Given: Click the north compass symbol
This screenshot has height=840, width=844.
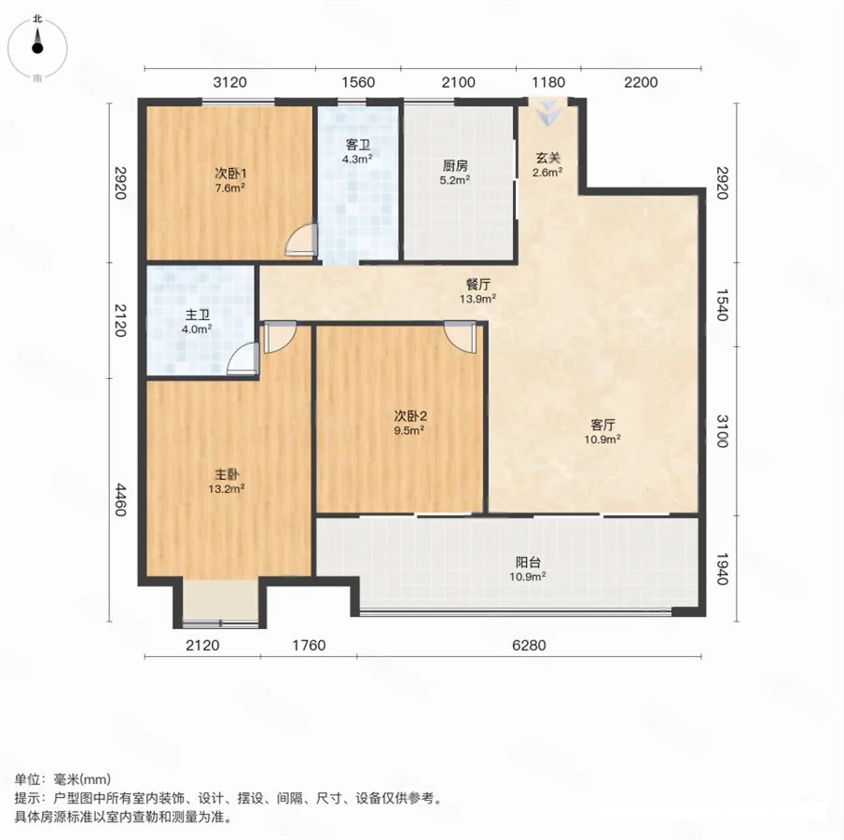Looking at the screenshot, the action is pos(37,48).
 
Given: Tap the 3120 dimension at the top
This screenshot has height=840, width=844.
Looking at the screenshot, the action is pos(229,82).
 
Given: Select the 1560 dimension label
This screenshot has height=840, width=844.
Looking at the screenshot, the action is pos(358,82).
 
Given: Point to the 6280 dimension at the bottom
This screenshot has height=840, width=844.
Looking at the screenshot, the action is pos(529,645).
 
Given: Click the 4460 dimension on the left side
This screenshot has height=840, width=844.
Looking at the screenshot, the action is pos(120,499).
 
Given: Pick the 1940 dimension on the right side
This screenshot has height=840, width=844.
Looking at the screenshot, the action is pos(723,569).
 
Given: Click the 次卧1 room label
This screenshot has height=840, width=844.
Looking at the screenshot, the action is pos(230,174).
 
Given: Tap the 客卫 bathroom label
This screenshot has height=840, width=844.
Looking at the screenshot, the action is pos(358,145).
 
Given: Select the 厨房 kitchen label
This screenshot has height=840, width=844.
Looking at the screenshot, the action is pos(455,165).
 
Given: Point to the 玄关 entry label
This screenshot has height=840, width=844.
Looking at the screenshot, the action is pos(548,158).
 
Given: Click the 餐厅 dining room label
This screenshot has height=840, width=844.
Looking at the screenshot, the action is pos(478,284).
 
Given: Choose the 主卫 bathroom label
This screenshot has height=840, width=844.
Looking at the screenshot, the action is pos(197,315).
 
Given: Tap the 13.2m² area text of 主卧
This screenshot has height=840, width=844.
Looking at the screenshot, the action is pos(227,489).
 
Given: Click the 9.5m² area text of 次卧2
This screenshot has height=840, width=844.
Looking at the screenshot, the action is pos(409,430).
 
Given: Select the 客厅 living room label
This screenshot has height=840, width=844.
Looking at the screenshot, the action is pos(602,425).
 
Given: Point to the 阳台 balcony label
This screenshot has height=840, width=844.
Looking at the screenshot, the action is pos(528,563).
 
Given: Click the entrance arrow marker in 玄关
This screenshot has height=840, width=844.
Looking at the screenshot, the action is pos(548,112).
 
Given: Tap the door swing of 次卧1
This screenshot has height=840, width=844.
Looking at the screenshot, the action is pos(300,240).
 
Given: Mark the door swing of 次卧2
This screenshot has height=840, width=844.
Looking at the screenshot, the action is pos(460,337).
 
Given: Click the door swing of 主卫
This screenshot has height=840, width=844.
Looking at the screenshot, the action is pos(243,358).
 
